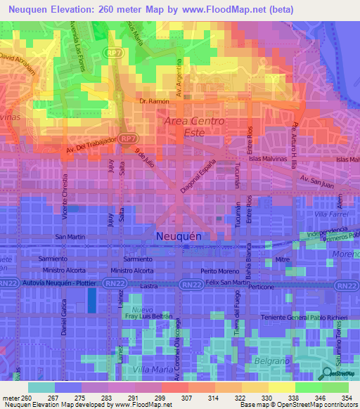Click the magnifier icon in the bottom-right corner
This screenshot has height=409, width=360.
tap(328, 374)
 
